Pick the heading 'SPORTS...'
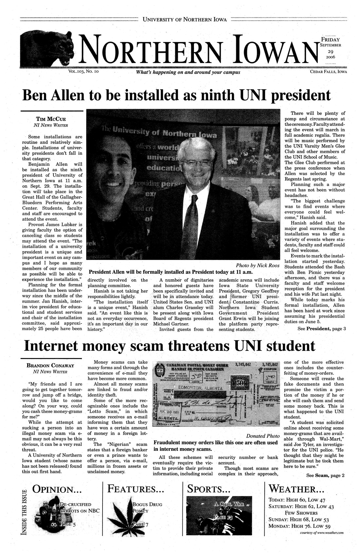[208, 490]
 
